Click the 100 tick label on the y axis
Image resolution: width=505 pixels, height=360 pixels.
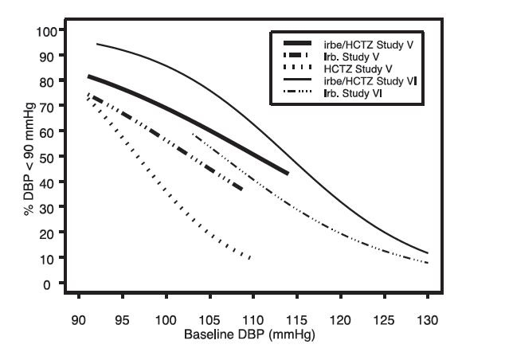point(49,31)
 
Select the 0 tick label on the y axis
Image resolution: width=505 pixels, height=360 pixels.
point(56,284)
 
